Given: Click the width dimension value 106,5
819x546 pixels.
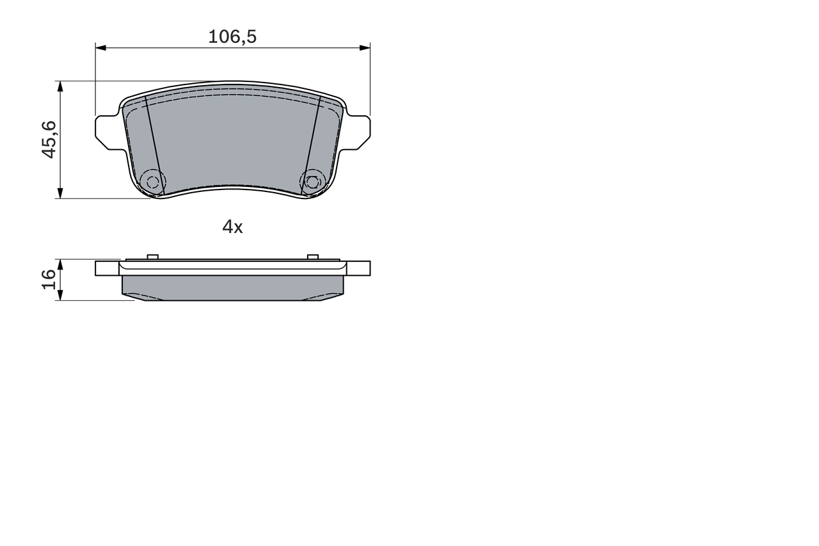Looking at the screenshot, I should click(232, 37).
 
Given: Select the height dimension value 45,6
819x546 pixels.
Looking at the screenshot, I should click(49, 140).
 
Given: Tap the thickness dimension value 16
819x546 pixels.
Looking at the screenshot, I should click(49, 280).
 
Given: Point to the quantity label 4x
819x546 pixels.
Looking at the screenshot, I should click(232, 227).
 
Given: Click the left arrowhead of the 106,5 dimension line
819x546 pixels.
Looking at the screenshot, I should click(100, 47).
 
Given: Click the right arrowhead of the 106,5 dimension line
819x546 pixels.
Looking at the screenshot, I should click(365, 47).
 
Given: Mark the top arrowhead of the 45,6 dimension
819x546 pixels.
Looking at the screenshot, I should click(60, 86).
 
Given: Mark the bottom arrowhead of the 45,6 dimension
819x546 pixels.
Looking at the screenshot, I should click(60, 193).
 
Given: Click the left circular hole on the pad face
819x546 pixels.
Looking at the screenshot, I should click(152, 182).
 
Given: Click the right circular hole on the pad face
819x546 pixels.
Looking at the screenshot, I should click(312, 182).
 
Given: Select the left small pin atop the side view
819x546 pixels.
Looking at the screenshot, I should click(152, 257).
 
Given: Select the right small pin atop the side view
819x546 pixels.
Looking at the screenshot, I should click(312, 257).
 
